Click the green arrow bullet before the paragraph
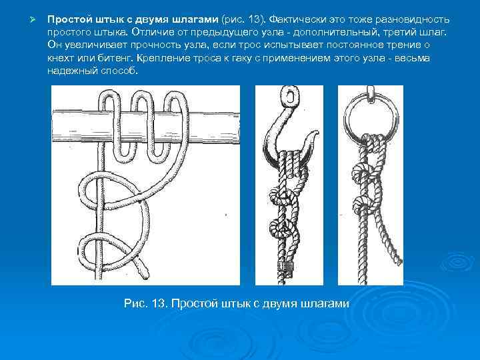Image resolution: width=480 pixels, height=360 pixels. click(33, 20)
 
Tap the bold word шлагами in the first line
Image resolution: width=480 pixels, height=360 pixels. click(195, 19)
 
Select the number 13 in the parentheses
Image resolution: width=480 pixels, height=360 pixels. click(254, 19)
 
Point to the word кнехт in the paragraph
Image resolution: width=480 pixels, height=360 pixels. click(61, 58)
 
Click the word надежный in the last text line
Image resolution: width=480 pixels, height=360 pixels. click(72, 71)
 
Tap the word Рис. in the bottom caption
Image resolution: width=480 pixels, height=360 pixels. click(136, 303)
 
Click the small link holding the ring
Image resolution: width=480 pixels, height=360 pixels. click(371, 92)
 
